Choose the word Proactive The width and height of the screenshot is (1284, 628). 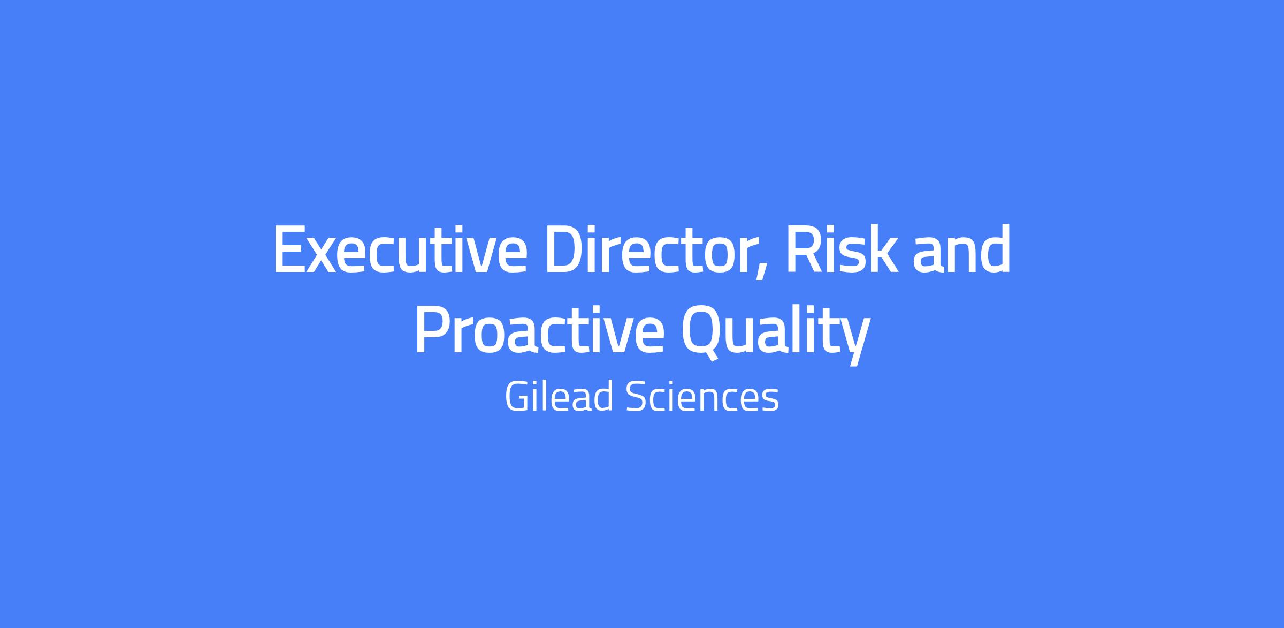point(539,330)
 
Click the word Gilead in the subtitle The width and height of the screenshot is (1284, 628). point(559,397)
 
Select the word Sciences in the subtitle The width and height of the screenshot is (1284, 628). point(702,397)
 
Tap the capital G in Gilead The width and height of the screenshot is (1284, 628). point(517,397)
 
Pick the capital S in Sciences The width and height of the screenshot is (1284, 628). point(637,397)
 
